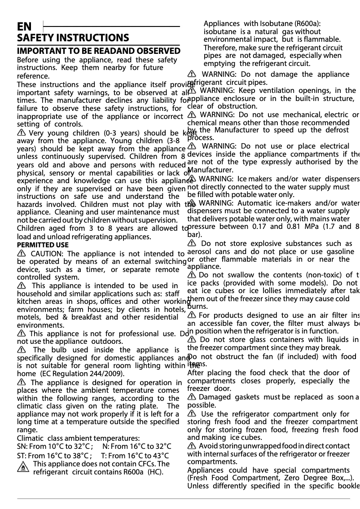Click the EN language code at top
pos(24,27)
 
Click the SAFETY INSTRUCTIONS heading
pos(73,38)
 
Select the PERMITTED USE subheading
pos(43,245)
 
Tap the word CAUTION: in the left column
pos(48,254)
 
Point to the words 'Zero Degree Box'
pos(315,478)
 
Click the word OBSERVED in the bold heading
pos(155,51)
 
